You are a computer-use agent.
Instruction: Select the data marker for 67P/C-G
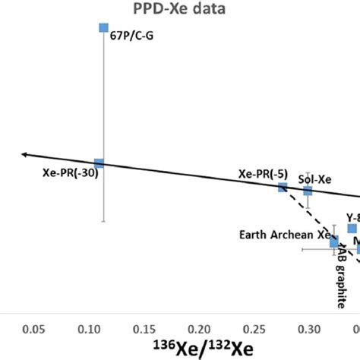click(104, 28)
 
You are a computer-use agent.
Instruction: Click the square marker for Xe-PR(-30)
click(99, 163)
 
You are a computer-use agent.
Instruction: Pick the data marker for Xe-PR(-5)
click(283, 187)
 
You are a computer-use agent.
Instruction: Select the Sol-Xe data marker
click(308, 191)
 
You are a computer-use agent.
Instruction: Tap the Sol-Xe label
click(314, 180)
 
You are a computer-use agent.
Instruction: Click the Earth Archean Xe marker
click(334, 242)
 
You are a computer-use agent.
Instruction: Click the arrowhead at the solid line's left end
click(26, 154)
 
